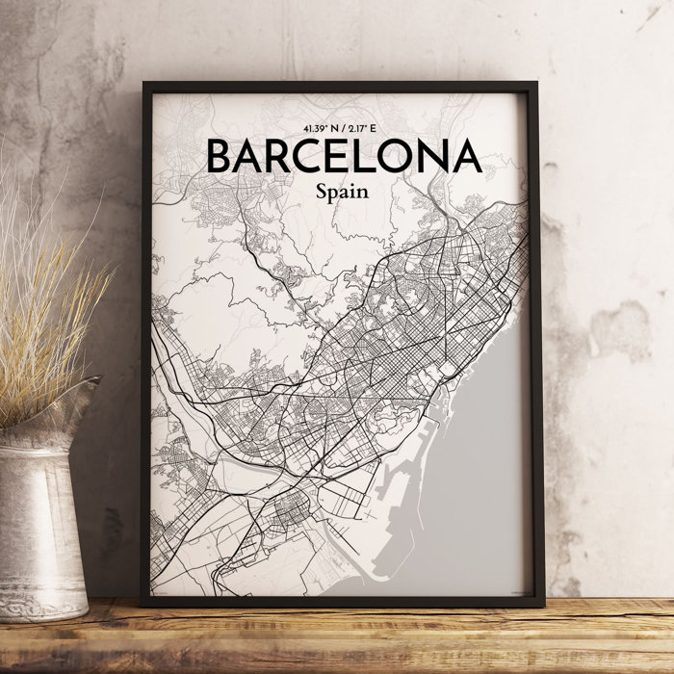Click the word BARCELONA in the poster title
[x=342, y=157]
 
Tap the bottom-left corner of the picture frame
[x=143, y=604]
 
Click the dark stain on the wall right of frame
[x=616, y=327]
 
